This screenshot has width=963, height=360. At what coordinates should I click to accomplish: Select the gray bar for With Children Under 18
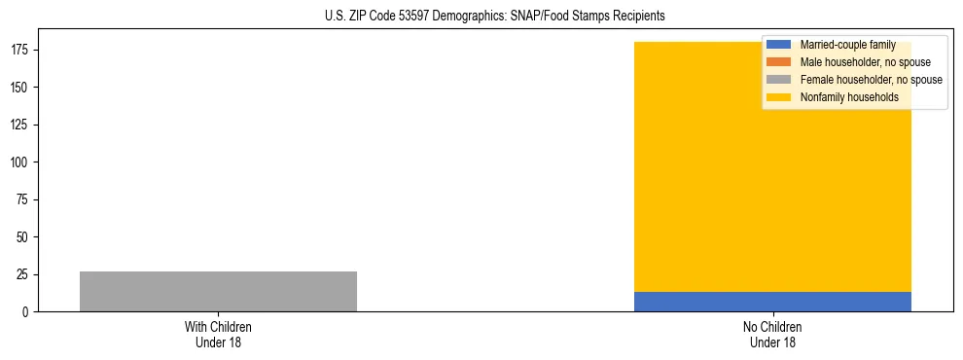tap(218, 291)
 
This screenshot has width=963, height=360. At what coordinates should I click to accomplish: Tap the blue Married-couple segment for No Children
tap(772, 302)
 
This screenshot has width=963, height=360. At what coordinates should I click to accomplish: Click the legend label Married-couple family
tap(847, 45)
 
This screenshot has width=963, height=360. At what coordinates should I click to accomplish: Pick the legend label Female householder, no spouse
tap(871, 80)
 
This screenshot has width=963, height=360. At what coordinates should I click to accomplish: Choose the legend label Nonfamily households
tap(849, 97)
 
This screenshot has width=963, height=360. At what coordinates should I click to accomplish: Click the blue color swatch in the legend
tap(778, 45)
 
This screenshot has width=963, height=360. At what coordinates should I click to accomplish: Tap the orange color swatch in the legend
tap(778, 62)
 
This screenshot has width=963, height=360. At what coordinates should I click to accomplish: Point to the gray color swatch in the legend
tap(778, 80)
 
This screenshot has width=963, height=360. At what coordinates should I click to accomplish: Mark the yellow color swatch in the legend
tap(778, 97)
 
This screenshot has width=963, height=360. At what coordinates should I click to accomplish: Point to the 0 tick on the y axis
tap(29, 312)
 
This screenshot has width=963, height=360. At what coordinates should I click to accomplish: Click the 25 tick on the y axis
tap(26, 275)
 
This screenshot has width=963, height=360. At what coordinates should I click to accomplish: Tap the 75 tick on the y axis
tap(26, 200)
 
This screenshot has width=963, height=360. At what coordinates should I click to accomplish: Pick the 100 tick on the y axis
tap(23, 162)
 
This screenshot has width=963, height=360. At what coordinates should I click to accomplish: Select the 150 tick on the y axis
tap(23, 88)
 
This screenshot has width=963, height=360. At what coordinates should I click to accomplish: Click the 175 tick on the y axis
tap(23, 51)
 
